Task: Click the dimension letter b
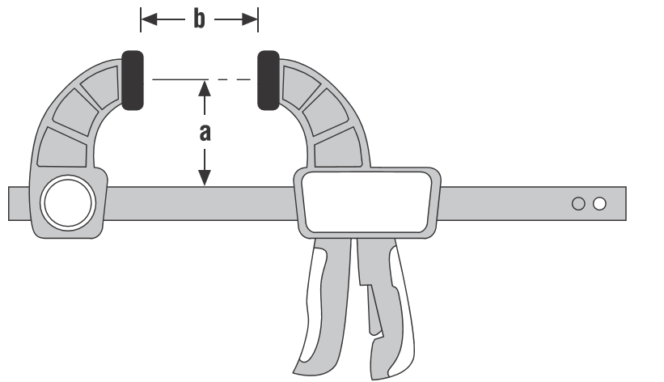pos(200,19)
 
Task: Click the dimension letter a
pos(205,133)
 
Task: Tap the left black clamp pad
pos(133,81)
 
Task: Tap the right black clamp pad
pos(269,81)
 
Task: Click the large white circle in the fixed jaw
pos(68,202)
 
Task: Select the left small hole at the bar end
pos(578,204)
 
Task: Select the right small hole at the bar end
pos(599,204)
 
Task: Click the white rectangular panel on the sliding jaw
pos(366,202)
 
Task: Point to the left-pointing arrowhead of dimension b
pos(149,19)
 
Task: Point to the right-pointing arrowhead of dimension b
pos(250,19)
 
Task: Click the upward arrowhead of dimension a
pos(205,88)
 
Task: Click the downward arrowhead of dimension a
pos(205,177)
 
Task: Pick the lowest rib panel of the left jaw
pos(62,147)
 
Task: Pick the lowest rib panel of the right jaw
pos(338,147)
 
